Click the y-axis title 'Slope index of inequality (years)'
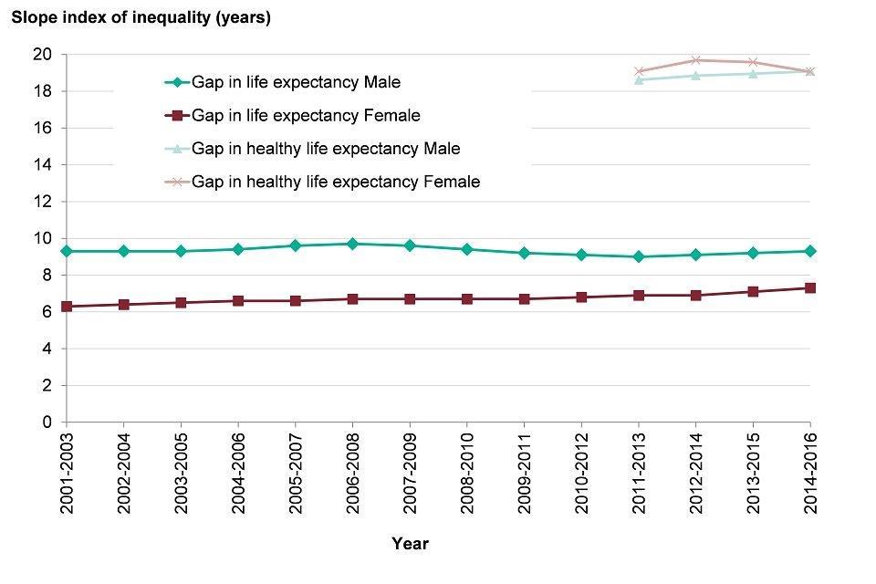141,17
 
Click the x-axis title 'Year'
410,544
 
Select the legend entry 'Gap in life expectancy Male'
296,82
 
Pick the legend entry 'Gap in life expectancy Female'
306,115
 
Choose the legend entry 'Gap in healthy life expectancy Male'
326,148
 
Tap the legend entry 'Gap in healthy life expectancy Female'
335,182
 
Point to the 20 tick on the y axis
42,55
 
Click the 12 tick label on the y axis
42,202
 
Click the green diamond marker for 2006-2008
352,244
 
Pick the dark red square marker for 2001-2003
66,307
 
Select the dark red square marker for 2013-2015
753,292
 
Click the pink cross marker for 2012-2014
696,60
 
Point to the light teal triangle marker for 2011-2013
639,80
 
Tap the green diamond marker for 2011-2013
639,256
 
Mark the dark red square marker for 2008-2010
467,299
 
